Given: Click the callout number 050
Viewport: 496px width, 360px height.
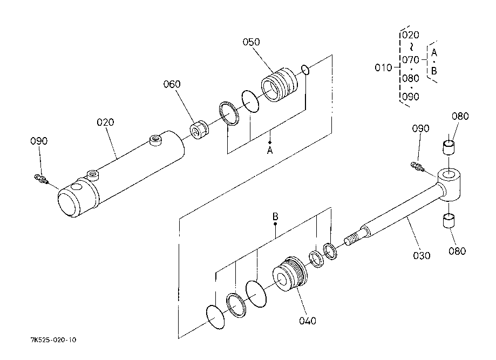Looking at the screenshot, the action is tap(251, 42).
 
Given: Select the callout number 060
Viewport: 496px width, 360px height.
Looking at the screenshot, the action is tap(172, 84).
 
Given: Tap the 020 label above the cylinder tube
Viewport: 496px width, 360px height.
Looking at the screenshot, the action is tap(105, 122).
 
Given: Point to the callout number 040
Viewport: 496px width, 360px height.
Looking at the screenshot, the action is tap(308, 321).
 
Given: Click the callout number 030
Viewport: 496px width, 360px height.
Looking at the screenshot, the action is tap(422, 255).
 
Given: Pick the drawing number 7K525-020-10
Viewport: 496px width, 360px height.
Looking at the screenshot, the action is tap(53, 340).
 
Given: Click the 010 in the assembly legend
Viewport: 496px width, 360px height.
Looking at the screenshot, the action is tap(383, 67).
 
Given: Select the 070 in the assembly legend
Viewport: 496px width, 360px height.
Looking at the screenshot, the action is tap(411, 59).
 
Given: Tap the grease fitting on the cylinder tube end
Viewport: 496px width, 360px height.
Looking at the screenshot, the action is tap(41, 179).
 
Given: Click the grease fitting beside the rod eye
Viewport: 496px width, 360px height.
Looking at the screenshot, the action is tap(418, 167).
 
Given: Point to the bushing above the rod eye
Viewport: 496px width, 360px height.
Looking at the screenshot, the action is tap(449, 147).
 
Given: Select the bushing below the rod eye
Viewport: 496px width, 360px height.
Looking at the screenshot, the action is tap(449, 221).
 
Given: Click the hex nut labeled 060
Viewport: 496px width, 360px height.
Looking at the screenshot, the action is tap(199, 130).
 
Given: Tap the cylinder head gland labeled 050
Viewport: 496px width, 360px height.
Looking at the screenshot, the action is tap(280, 84).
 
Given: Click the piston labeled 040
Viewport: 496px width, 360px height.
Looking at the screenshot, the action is tap(290, 274).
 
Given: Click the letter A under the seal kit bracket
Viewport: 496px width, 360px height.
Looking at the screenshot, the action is tap(270, 150).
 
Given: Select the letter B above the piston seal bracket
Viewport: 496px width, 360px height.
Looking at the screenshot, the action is tap(275, 216).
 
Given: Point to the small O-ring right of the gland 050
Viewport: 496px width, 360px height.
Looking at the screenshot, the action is tap(305, 70).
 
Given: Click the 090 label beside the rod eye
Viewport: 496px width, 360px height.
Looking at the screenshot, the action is tap(420, 128).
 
